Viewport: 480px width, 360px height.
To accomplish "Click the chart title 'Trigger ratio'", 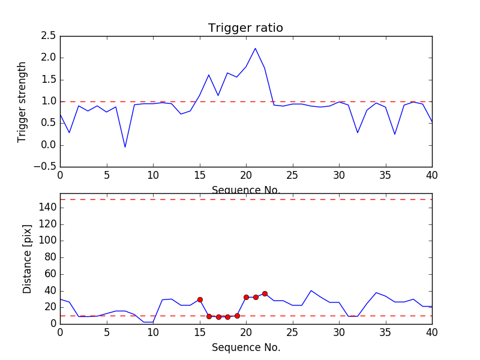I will click(x=245, y=28).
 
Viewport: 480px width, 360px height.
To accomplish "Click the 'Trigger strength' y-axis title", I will click(x=22, y=101).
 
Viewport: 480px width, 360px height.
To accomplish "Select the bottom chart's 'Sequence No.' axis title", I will click(x=245, y=347).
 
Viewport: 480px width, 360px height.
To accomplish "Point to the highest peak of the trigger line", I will click(x=255, y=48).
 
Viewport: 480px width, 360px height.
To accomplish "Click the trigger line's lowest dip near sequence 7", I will click(x=125, y=147).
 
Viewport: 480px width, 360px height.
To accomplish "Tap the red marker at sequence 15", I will click(x=200, y=299).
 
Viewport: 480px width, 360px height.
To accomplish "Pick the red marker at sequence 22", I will click(x=265, y=293).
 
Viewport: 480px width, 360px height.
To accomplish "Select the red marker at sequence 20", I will click(x=246, y=297).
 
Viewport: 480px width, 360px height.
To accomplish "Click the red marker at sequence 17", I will click(x=218, y=317).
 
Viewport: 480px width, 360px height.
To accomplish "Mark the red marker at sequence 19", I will click(x=237, y=316).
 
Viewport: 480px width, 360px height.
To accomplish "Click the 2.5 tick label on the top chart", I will click(x=49, y=36).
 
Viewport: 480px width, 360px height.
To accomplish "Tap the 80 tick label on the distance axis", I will click(x=50, y=257).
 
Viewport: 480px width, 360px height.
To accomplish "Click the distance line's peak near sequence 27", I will click(x=311, y=290).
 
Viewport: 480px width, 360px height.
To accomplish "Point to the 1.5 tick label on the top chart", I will click(x=49, y=80).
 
